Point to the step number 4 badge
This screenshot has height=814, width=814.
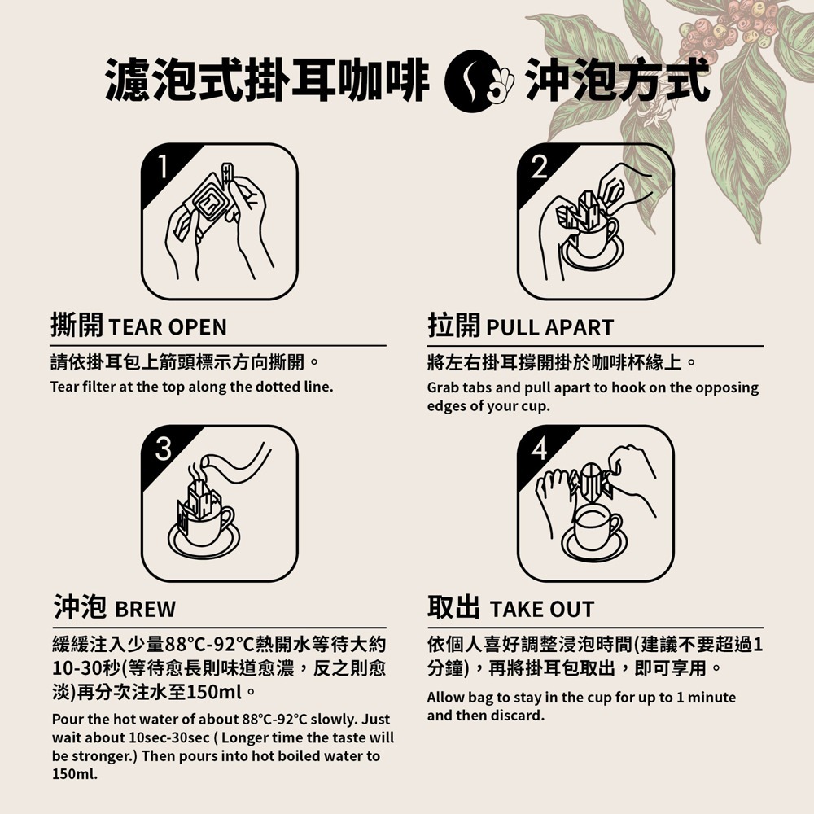pyautogui.click(x=538, y=448)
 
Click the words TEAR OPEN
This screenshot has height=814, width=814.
pyautogui.click(x=168, y=327)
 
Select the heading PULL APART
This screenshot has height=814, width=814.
pyautogui.click(x=549, y=327)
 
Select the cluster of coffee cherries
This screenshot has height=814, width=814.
pyautogui.click(x=729, y=28)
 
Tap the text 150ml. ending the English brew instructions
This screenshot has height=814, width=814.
pyautogui.click(x=74, y=774)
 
